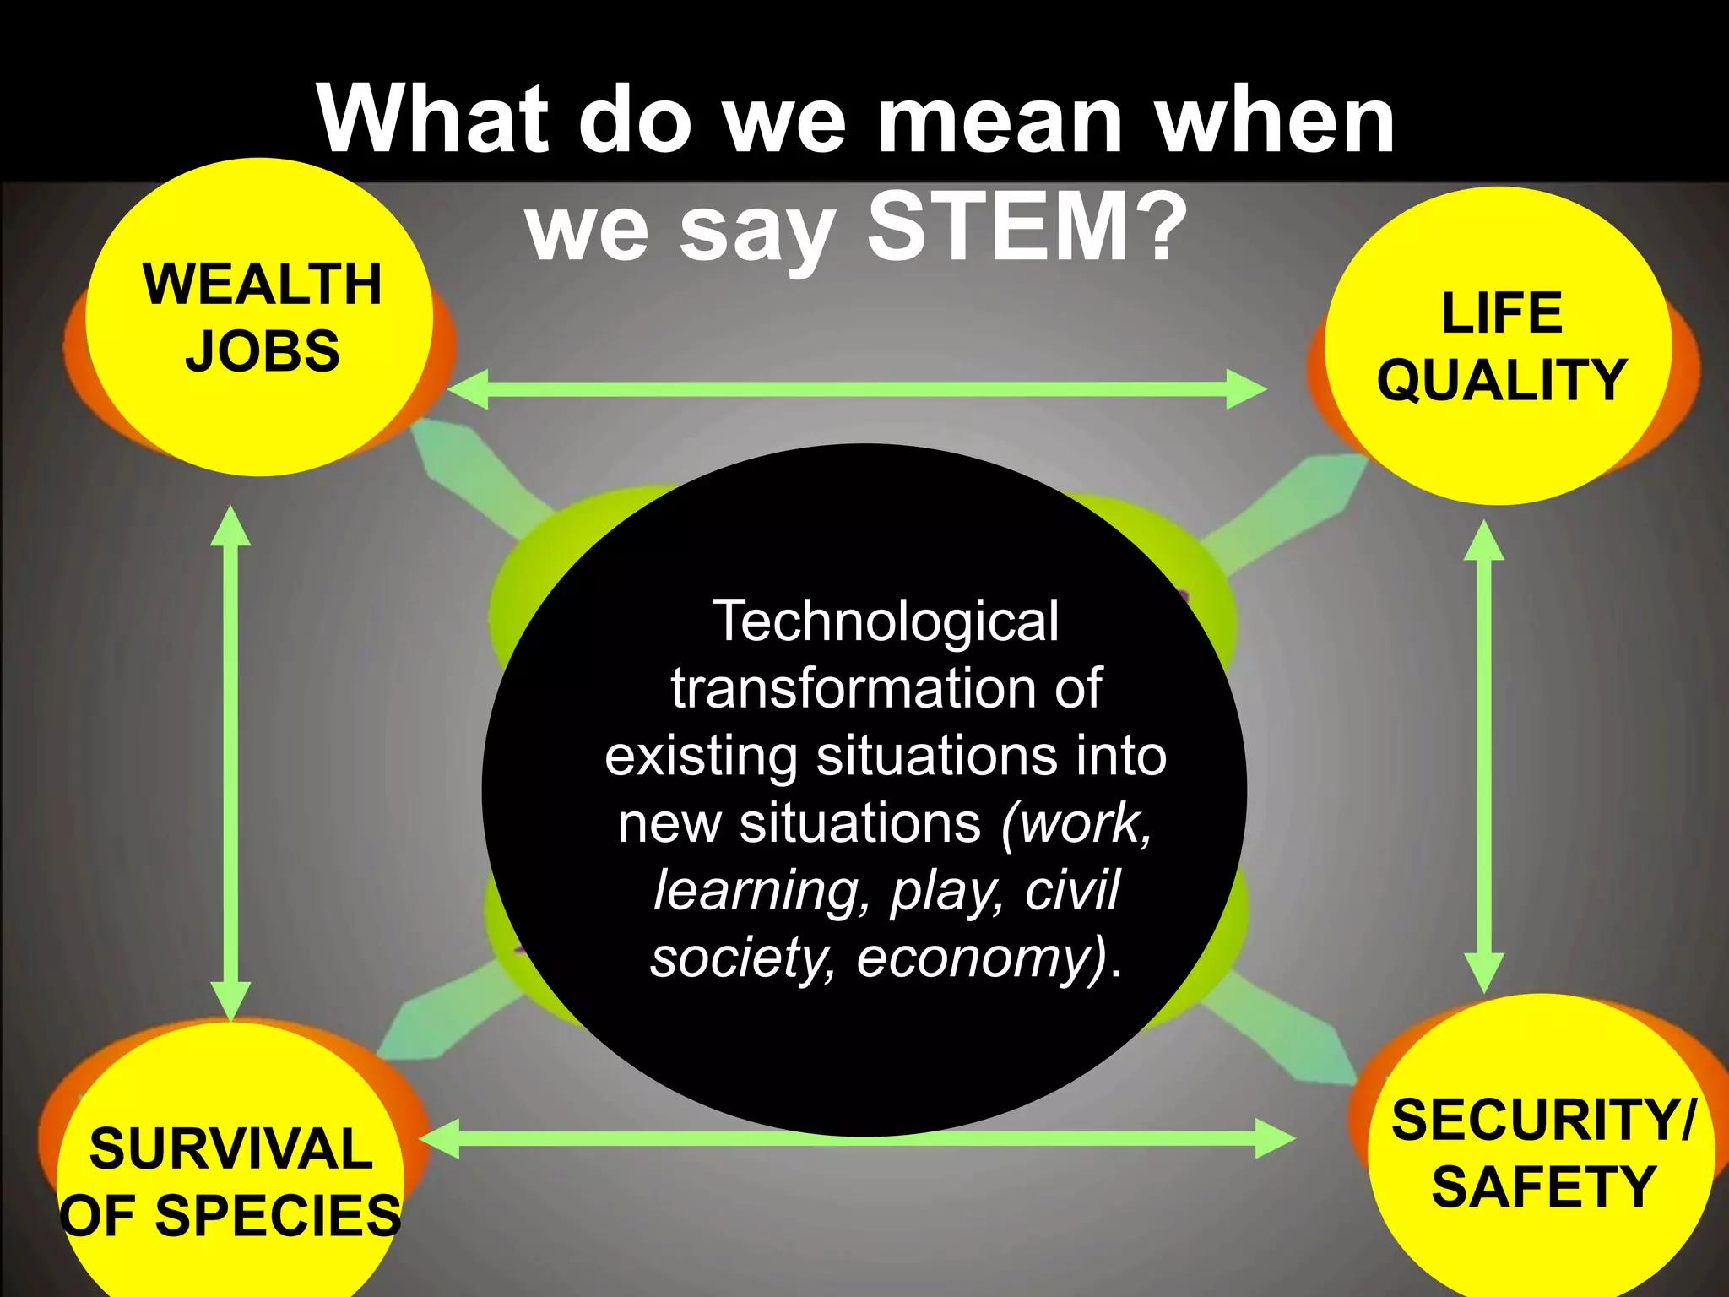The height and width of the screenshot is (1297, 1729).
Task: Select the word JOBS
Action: click(263, 350)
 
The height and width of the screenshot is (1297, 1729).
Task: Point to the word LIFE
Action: click(1502, 313)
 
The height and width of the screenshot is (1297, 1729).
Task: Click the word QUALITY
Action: click(1502, 380)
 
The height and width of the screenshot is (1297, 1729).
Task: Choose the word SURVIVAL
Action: click(230, 1149)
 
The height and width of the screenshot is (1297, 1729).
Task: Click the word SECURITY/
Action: click(1542, 1121)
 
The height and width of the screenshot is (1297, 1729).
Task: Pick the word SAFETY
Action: click(1542, 1187)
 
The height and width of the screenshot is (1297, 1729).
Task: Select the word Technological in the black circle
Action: click(886, 621)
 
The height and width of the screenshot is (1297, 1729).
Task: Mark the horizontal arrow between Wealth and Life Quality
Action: click(856, 389)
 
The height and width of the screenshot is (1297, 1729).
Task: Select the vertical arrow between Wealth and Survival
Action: click(230, 764)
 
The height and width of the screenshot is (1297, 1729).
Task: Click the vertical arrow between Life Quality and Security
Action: click(1483, 756)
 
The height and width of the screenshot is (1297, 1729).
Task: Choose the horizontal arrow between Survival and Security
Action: click(856, 1138)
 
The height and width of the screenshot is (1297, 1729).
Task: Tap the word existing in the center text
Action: click(702, 756)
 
